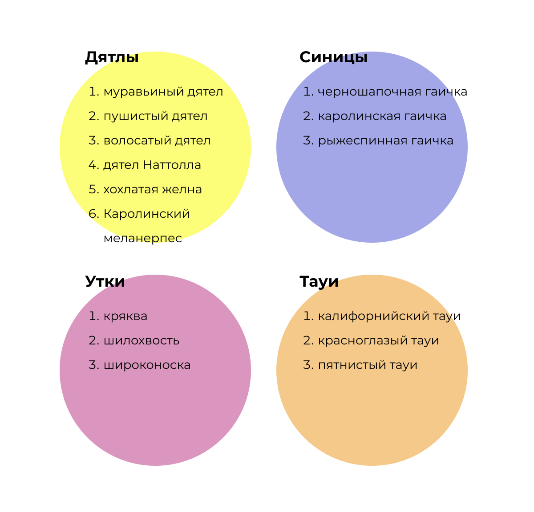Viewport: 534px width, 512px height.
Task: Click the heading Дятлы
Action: [x=112, y=57]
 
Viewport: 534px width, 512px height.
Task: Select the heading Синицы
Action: [x=333, y=57]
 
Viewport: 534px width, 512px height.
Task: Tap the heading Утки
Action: [x=105, y=282]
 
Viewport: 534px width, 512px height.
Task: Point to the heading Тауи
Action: [x=319, y=282]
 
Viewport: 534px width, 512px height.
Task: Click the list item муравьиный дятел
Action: [x=163, y=92]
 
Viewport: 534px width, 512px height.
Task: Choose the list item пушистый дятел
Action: [x=155, y=116]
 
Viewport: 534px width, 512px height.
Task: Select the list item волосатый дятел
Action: [x=157, y=141]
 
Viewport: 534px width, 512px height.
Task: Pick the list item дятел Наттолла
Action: [x=152, y=165]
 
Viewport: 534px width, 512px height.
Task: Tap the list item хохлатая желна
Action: [x=153, y=190]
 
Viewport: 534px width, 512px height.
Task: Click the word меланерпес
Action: [x=143, y=239]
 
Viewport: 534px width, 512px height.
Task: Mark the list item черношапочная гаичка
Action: [x=392, y=92]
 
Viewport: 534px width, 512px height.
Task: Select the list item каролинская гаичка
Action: [x=382, y=116]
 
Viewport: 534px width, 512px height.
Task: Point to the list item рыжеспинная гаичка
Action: [x=385, y=141]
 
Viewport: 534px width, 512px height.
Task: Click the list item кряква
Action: [x=125, y=316]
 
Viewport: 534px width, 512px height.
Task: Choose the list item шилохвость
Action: [x=142, y=341]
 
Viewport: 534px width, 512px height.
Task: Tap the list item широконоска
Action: [x=147, y=365]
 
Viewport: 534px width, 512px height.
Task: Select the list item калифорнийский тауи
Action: [x=389, y=316]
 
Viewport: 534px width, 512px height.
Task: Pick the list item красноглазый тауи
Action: [x=378, y=341]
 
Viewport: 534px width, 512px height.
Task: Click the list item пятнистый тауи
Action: [x=368, y=365]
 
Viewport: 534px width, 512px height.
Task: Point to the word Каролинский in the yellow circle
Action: [x=146, y=214]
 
